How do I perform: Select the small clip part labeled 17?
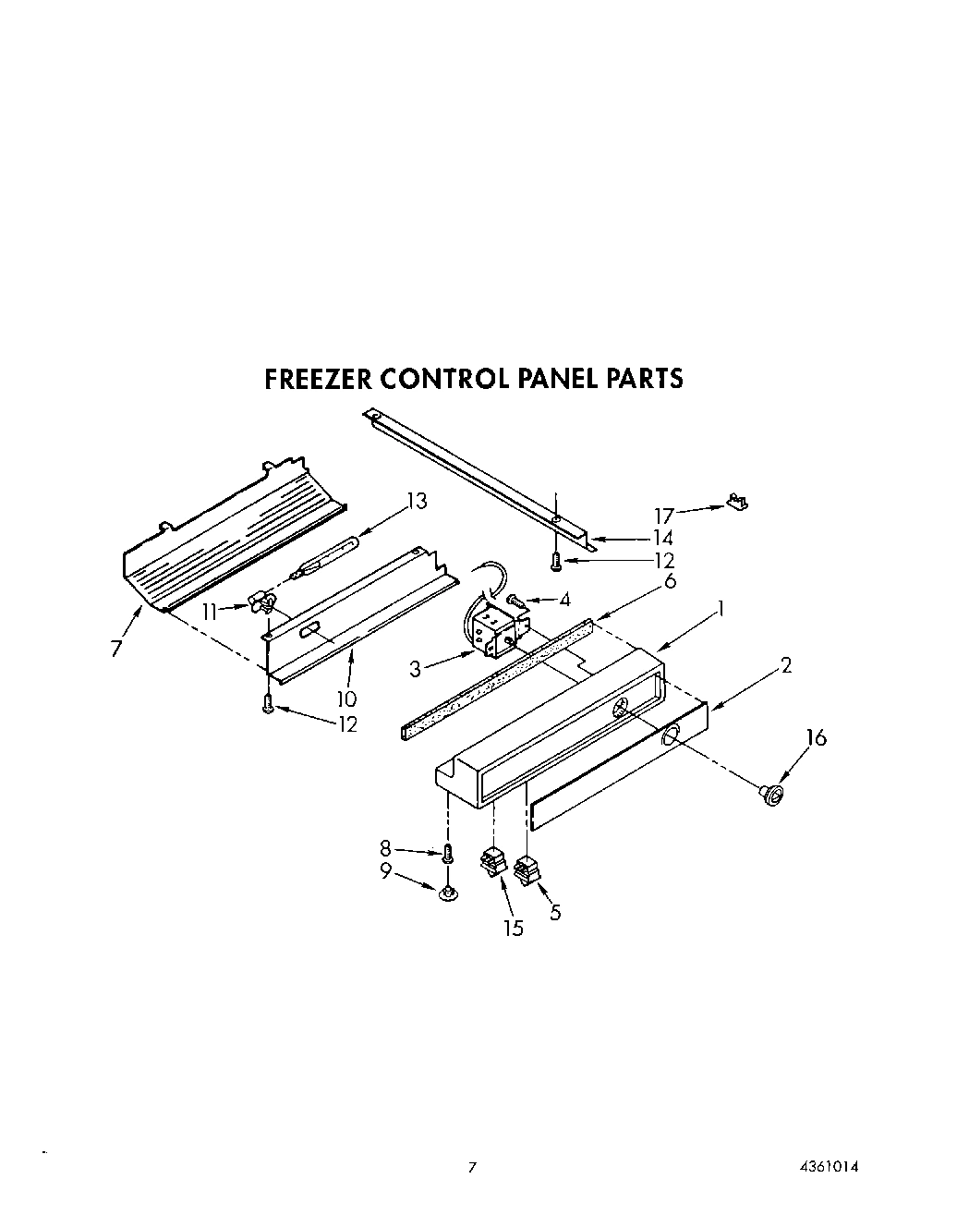736,502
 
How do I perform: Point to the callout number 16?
816,738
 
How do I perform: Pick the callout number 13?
417,502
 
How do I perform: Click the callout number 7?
115,649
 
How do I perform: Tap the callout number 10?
346,699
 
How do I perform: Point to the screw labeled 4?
517,601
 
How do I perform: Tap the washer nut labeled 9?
447,892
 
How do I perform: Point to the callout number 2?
785,665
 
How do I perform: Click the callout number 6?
670,580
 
